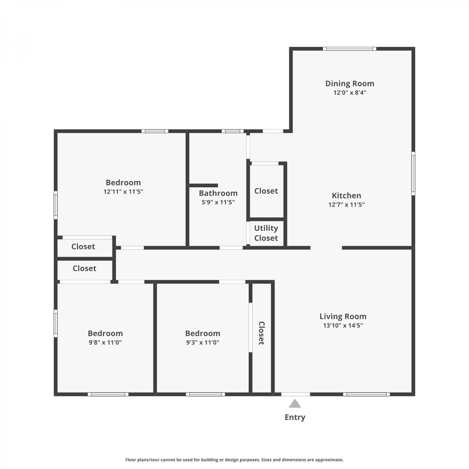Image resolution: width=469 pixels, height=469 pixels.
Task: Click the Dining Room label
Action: click(350, 83)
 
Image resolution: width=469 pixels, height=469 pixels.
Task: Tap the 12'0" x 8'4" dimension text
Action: click(350, 93)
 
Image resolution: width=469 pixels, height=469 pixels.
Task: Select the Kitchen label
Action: click(346, 195)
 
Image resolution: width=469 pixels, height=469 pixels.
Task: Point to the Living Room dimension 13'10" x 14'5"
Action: click(343, 325)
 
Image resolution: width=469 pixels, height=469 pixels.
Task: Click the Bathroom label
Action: click(218, 193)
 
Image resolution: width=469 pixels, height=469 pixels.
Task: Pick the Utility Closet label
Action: click(266, 233)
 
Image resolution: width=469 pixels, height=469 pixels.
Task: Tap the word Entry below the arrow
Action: click(295, 417)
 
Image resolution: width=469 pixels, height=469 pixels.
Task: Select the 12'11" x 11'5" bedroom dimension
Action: click(123, 192)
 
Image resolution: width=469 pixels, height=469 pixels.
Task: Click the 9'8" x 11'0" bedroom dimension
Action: click(105, 342)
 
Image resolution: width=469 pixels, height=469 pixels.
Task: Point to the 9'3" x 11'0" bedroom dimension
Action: click(203, 342)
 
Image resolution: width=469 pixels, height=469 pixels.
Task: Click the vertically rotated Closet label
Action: click(261, 333)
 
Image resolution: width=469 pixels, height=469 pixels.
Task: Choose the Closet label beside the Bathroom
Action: click(266, 191)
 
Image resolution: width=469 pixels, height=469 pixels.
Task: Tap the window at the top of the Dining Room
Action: click(350, 49)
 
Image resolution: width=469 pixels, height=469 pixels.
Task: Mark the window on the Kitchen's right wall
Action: click(413, 174)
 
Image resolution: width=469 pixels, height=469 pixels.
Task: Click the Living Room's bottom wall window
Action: click(366, 394)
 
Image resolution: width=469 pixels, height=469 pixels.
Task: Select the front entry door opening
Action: click(295, 394)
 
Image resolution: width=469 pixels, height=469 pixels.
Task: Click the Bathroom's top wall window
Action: click(233, 131)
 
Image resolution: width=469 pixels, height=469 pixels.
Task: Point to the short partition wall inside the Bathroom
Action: click(203, 185)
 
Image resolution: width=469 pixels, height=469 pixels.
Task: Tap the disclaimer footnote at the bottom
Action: click(234, 460)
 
